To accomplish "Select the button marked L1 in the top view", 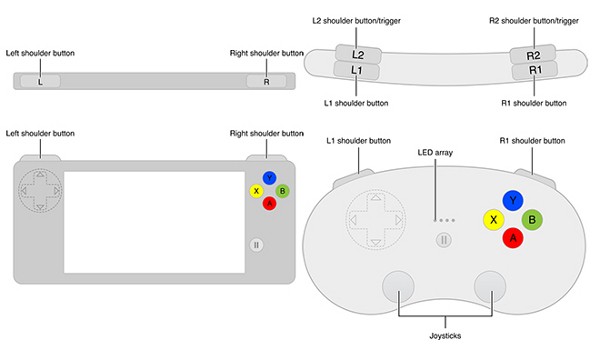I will pos(357,72).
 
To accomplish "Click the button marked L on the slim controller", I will pos(39,81).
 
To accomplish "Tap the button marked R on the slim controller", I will pos(265,81).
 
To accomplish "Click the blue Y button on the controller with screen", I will pos(269,178).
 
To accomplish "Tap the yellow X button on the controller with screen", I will pos(257,191).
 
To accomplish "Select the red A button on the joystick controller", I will pos(513,238).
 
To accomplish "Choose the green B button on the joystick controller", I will pos(533,218).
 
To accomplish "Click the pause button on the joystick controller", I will pos(444,240).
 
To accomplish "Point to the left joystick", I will pos(400,285).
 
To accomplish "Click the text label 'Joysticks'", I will pos(444,336).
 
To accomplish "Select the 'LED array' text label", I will pos(437,153).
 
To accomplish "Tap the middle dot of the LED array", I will pos(445,220).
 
